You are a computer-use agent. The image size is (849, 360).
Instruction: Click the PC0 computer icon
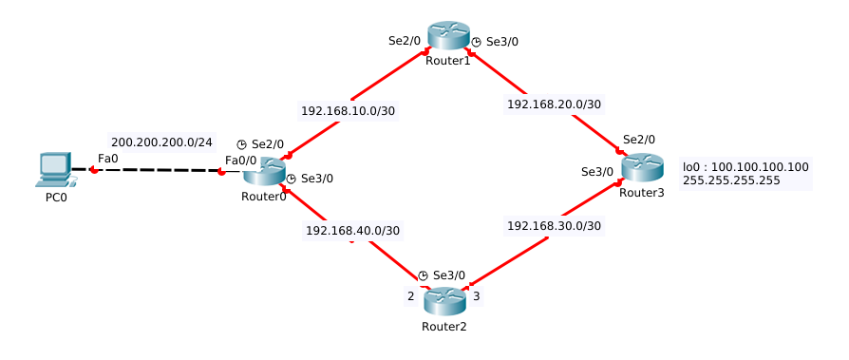coord(55,170)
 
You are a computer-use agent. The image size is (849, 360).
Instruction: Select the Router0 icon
coord(264,172)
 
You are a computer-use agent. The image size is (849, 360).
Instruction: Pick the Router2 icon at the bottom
coord(443,301)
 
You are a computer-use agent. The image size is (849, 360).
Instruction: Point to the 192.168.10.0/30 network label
coord(348,110)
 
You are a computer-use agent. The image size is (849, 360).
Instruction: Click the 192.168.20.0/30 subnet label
coord(554,104)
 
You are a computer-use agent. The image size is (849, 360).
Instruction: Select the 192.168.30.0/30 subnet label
coord(554,226)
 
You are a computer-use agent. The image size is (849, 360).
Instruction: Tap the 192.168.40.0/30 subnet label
coord(352,230)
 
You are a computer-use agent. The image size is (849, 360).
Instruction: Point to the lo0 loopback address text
coord(745,166)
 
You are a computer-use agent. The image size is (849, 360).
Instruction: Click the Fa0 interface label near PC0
coord(107,158)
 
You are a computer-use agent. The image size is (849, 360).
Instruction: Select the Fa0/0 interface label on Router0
coord(240,160)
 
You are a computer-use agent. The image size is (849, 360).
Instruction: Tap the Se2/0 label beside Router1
coord(405,41)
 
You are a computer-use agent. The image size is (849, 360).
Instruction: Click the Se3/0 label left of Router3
coord(597,172)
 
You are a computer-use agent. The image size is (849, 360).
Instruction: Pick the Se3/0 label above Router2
coord(449,275)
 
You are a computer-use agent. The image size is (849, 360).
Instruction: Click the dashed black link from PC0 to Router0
coord(157,171)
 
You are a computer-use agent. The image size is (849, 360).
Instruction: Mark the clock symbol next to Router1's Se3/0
coord(476,42)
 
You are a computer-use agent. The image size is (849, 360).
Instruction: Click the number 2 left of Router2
coord(410,296)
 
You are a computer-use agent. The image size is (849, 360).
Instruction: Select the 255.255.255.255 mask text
coord(731,180)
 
